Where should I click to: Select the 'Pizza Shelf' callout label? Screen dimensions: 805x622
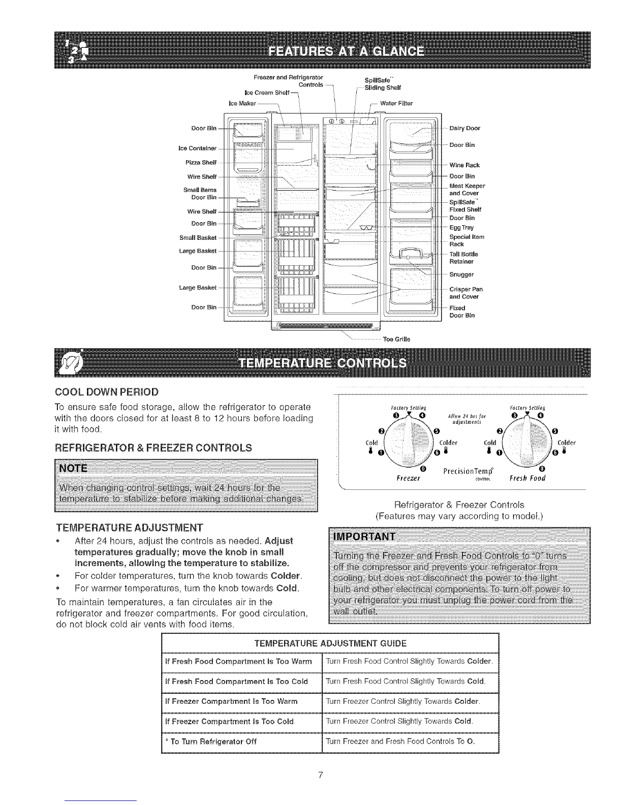click(202, 163)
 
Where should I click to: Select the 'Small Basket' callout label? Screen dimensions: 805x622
click(198, 237)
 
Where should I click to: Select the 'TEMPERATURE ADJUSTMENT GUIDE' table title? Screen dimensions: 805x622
click(330, 643)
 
